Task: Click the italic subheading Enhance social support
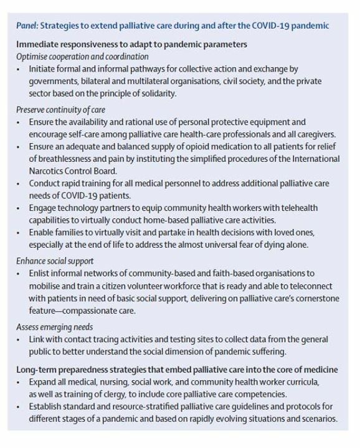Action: tap(55, 260)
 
